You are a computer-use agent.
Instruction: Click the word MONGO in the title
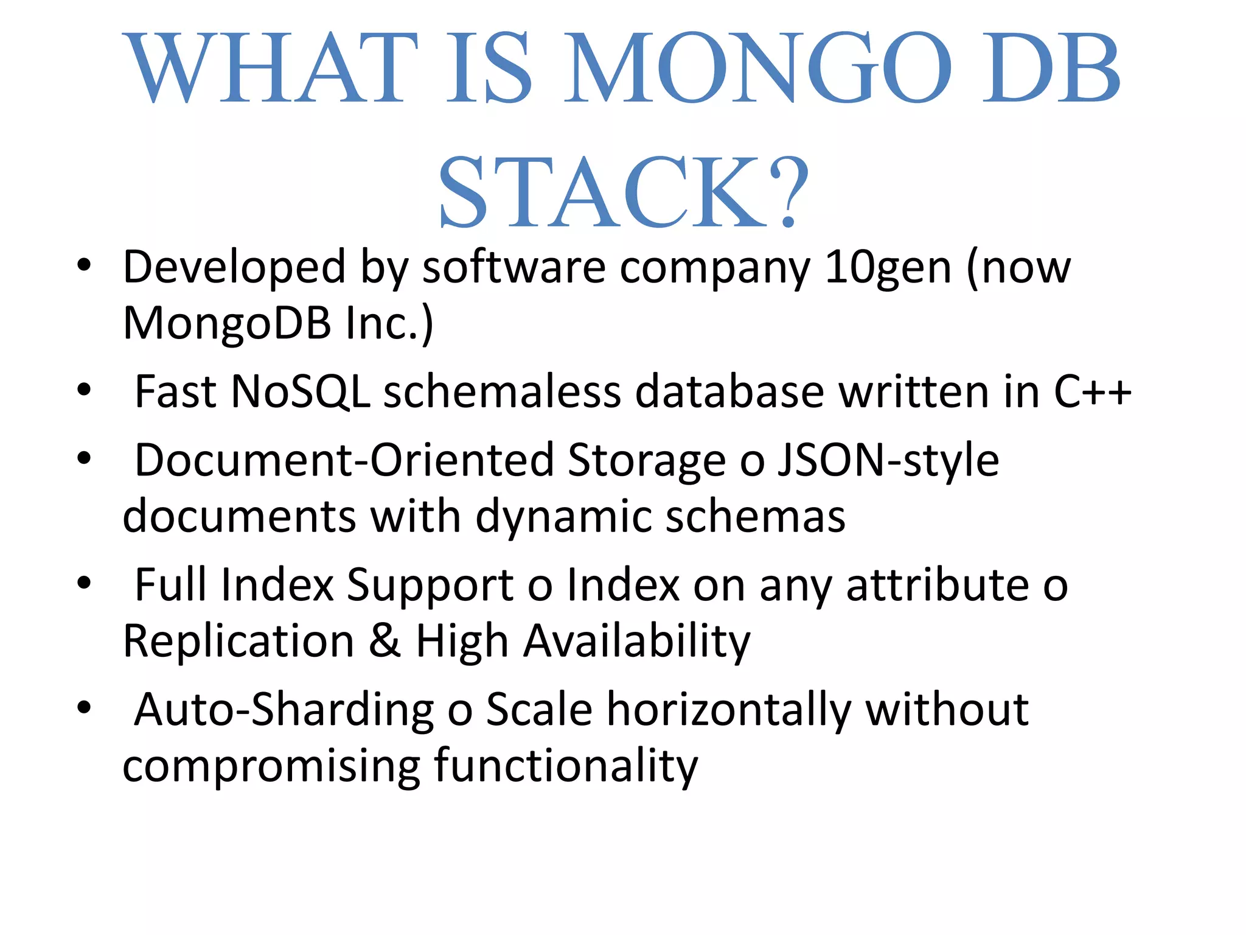coord(757,68)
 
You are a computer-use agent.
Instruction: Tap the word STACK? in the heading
coord(624,192)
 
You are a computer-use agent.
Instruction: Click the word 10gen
coord(888,268)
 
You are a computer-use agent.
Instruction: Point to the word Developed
coord(235,268)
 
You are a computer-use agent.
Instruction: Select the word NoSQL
coord(301,391)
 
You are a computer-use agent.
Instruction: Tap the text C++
coord(1092,391)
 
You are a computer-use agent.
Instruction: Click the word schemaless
coord(502,391)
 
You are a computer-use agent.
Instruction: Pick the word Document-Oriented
coord(344,460)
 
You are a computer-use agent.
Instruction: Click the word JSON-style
coord(888,460)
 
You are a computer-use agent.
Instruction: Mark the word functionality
coord(566,766)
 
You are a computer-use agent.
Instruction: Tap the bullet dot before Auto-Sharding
coord(84,707)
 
